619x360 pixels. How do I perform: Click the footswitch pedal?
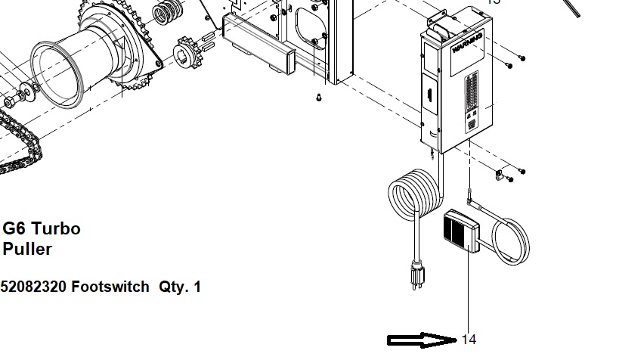pos(459,231)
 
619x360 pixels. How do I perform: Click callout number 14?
pos(469,340)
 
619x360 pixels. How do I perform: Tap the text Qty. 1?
pos(180,287)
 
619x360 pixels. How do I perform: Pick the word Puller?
pos(27,248)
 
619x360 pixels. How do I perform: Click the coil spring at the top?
pos(168,12)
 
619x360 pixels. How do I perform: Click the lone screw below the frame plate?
pos(319,97)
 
